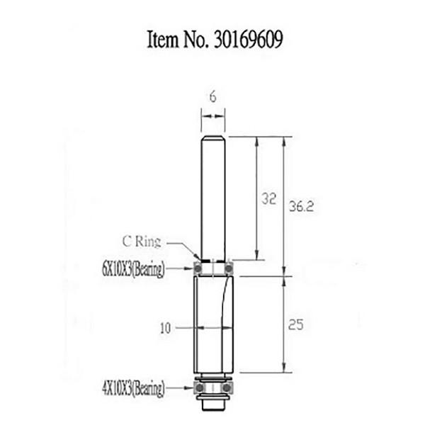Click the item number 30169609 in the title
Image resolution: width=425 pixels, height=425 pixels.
(x=245, y=40)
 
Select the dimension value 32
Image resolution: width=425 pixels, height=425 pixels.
(x=268, y=200)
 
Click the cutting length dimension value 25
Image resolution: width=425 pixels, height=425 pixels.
(x=297, y=326)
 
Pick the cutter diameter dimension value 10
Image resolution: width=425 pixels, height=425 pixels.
(x=166, y=328)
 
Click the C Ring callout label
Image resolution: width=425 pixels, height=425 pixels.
(x=141, y=242)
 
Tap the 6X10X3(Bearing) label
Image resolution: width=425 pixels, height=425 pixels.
(x=133, y=269)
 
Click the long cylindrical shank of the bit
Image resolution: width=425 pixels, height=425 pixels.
(x=212, y=198)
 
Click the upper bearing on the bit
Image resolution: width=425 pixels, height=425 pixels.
(x=212, y=268)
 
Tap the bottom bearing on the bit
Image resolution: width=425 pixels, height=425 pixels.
(x=212, y=388)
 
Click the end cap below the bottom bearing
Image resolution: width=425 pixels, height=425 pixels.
(x=212, y=405)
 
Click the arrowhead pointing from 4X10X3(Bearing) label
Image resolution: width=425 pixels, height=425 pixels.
(x=190, y=388)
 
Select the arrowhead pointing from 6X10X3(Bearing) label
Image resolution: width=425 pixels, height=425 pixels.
(x=190, y=269)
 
